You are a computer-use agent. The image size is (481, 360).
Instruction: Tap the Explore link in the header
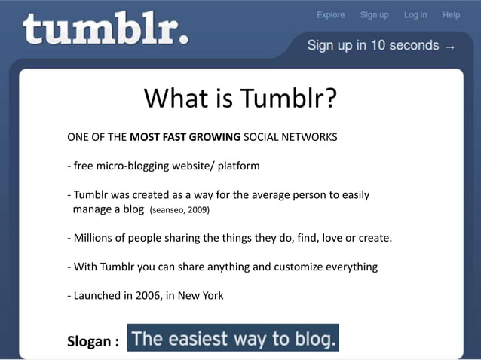coord(330,14)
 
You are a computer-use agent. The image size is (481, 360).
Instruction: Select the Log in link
coord(415,14)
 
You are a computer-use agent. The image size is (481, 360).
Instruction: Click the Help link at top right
coord(451,14)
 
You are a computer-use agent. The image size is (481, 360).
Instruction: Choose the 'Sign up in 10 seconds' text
coord(372,45)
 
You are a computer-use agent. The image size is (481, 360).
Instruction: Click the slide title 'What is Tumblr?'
coord(240,98)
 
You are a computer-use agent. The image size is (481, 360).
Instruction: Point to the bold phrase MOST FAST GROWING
coord(185,138)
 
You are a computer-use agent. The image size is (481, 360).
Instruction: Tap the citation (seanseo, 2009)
coord(179,209)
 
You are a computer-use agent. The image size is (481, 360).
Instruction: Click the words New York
coord(201,295)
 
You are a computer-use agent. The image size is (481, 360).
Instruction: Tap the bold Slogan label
coord(93,341)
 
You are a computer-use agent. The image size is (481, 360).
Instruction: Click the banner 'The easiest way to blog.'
coord(233,338)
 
